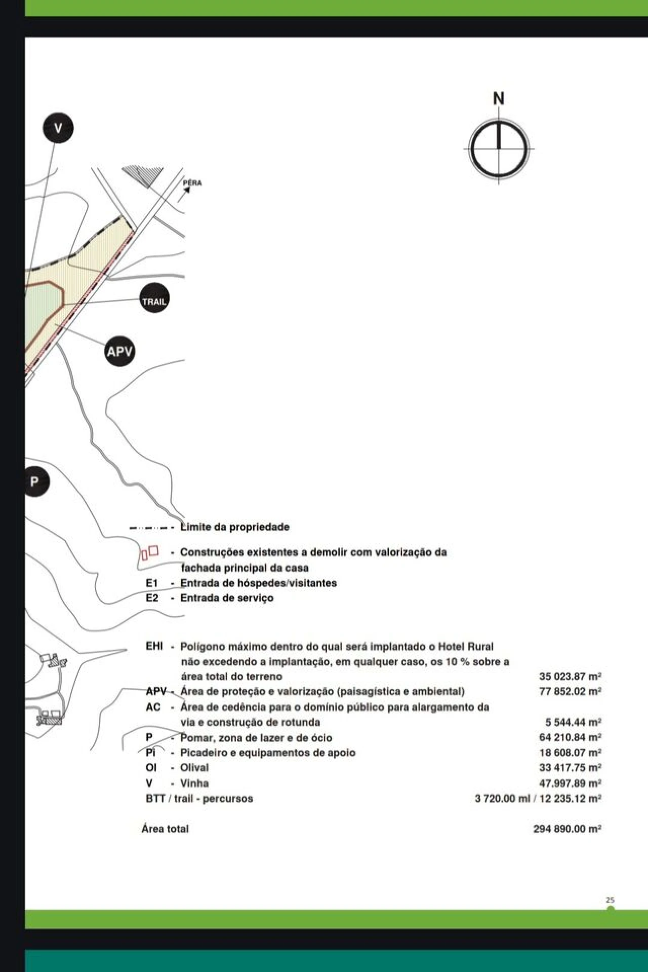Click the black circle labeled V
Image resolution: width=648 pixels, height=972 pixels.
(58, 128)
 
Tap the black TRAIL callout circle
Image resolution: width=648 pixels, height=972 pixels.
(154, 301)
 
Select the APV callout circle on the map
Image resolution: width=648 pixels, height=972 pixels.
(120, 351)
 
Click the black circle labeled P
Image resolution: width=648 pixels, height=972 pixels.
(35, 481)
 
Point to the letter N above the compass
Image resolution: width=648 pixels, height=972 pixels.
(499, 98)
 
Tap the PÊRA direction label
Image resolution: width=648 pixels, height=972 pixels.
(192, 183)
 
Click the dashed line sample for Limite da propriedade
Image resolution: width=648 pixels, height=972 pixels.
(149, 528)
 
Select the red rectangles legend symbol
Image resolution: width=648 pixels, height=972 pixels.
(149, 552)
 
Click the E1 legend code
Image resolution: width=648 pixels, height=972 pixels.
(152, 583)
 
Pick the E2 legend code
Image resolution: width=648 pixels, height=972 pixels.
(152, 598)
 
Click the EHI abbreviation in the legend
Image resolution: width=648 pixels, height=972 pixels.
(154, 646)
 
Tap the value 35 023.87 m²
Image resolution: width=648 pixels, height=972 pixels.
(570, 677)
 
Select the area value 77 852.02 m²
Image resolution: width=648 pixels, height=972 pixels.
(570, 692)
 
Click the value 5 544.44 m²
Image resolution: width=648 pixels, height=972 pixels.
(573, 722)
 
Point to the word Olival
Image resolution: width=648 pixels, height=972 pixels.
(194, 768)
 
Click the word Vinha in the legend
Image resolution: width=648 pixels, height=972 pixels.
(194, 783)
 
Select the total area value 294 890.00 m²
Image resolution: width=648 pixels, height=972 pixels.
(567, 829)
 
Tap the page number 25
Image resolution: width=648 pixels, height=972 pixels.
(610, 900)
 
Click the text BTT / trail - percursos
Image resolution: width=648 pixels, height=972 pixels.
(199, 799)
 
